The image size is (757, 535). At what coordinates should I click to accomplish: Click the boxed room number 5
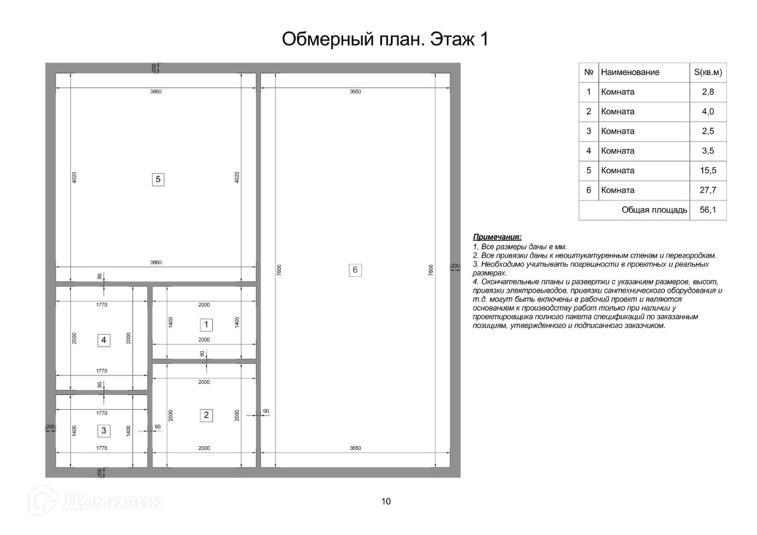click(x=158, y=179)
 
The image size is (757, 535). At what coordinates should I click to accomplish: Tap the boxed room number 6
click(x=355, y=270)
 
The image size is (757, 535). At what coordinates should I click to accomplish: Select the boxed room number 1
click(x=206, y=325)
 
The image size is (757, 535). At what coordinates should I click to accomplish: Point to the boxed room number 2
click(x=206, y=415)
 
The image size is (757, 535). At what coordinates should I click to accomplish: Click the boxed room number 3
click(x=103, y=430)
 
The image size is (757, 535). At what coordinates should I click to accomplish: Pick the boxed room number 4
click(x=103, y=340)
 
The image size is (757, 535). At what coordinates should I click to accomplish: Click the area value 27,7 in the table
click(x=708, y=190)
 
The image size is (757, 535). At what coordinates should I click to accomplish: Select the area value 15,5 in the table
click(x=708, y=171)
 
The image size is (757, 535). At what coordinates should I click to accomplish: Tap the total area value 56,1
click(x=708, y=210)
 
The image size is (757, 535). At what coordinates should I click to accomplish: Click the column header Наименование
click(x=630, y=72)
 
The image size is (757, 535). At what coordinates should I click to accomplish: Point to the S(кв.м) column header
click(x=708, y=72)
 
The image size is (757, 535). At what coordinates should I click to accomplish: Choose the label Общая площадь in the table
click(x=654, y=210)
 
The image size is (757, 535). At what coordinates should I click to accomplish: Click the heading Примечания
click(x=497, y=237)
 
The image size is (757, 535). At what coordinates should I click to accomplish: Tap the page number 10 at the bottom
click(x=386, y=501)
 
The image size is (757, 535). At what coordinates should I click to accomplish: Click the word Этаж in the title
click(x=451, y=39)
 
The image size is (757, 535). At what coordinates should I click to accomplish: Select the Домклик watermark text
click(x=113, y=501)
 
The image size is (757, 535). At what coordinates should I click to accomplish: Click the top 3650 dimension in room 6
click(x=355, y=92)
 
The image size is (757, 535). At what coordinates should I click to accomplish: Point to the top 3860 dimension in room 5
click(x=156, y=92)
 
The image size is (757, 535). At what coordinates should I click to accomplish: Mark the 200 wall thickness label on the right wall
click(x=455, y=266)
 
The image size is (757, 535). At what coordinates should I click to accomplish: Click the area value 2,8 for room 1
click(x=708, y=92)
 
